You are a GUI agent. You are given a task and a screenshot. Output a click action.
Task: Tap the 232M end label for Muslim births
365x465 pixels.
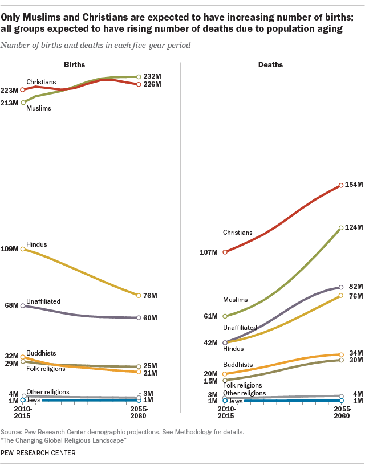(152, 76)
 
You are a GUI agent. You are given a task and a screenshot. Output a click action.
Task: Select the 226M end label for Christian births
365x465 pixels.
(152, 84)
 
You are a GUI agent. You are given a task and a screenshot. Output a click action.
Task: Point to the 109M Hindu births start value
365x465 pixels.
(11, 249)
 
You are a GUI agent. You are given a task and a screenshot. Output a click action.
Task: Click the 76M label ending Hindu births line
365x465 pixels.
(151, 295)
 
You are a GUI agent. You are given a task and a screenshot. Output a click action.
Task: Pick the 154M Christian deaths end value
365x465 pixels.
(355, 185)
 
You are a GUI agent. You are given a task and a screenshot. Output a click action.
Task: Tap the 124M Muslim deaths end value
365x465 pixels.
(355, 227)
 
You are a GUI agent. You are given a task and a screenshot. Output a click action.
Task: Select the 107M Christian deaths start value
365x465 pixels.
(213, 252)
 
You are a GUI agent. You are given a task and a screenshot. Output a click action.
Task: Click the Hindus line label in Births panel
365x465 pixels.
(36, 244)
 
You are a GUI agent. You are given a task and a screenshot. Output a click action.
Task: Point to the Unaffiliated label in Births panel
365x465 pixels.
(43, 301)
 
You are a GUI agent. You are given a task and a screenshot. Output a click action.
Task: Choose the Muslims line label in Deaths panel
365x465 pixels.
(236, 299)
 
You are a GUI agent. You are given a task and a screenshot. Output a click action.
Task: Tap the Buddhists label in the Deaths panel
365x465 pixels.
(238, 365)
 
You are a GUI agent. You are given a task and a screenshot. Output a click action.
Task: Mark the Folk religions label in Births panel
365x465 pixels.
(46, 369)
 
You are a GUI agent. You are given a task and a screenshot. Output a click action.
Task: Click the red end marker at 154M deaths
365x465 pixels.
(341, 185)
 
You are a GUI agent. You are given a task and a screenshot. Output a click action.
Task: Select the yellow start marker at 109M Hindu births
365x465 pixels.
(23, 249)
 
